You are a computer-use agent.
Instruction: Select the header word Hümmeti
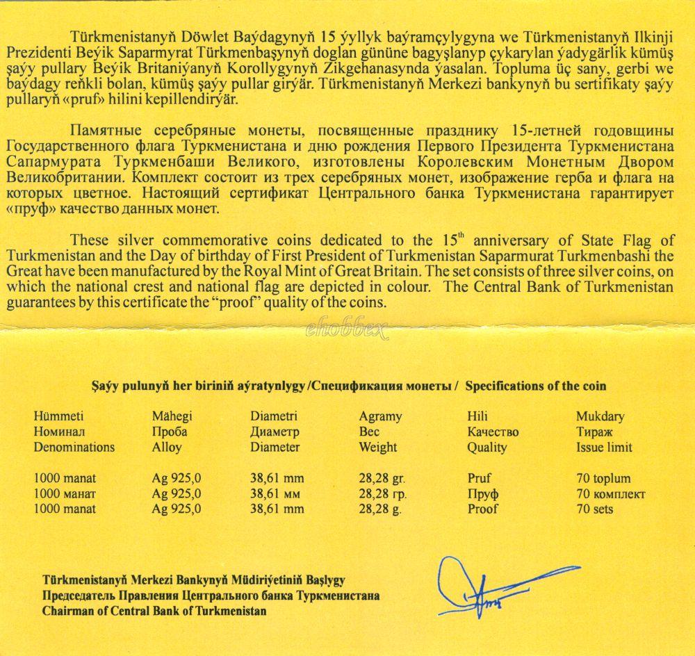[58, 417]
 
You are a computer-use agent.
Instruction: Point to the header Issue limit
[604, 448]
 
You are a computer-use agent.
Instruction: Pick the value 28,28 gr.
[382, 479]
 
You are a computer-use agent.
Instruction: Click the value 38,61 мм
[277, 494]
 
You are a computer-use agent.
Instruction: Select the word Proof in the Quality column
[483, 509]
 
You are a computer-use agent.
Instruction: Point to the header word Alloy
[167, 448]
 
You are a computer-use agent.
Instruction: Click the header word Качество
[493, 432]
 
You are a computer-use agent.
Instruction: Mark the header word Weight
[378, 448]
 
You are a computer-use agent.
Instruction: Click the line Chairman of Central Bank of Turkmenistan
[154, 612]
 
